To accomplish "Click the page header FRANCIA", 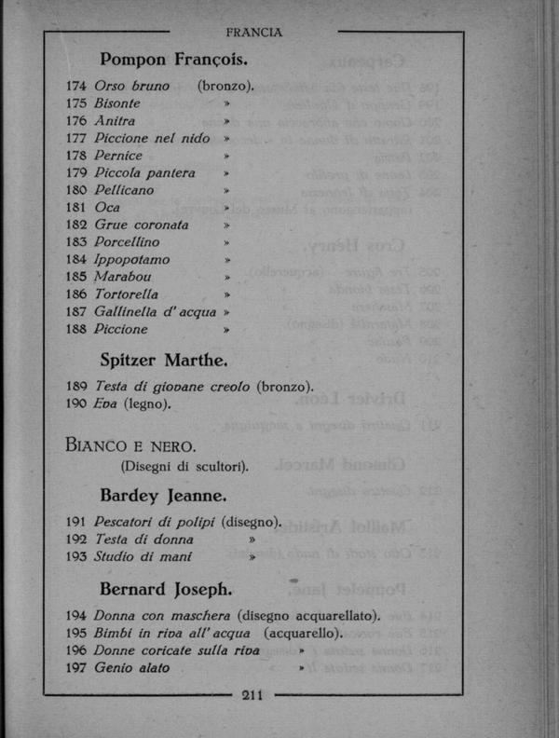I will tap(253, 33).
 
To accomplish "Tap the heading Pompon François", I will tap(173, 61).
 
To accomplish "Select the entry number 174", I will tap(77, 86).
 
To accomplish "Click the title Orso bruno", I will tap(132, 86).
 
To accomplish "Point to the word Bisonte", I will tap(117, 103).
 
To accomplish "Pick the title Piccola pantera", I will tap(145, 172).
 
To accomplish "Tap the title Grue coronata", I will tap(142, 225).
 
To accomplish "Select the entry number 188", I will tap(77, 329).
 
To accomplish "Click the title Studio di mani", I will tap(143, 556).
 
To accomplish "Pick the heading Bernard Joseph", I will tap(166, 589).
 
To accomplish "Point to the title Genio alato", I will tap(132, 667).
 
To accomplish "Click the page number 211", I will tap(253, 693).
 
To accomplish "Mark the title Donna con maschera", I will tap(161, 615).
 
